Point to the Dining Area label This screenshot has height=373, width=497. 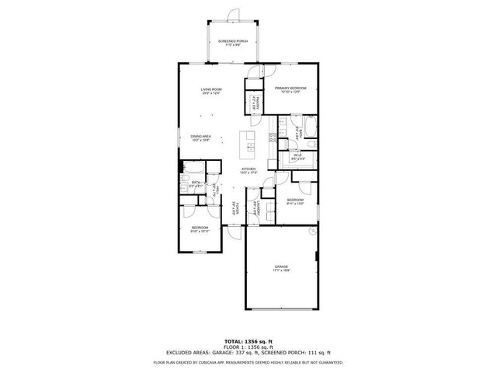pyautogui.click(x=201, y=138)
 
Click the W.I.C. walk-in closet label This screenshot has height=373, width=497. pyautogui.click(x=297, y=156)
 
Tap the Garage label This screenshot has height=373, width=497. pyautogui.click(x=280, y=268)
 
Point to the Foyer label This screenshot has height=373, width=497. pyautogui.click(x=231, y=208)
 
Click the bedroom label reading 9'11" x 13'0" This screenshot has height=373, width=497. pyautogui.click(x=294, y=201)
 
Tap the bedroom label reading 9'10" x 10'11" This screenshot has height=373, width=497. pyautogui.click(x=200, y=229)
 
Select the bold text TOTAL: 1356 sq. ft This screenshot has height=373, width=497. pyautogui.click(x=248, y=341)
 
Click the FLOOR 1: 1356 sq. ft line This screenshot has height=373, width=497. pyautogui.click(x=248, y=347)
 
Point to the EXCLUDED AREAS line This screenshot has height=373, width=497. pyautogui.click(x=248, y=354)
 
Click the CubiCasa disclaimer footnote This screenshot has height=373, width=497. pyautogui.click(x=248, y=362)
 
